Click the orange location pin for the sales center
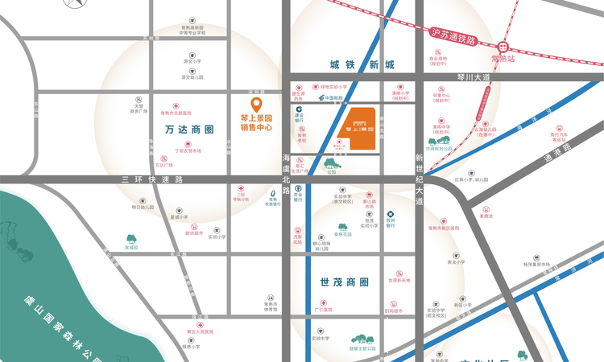click(x=256, y=105)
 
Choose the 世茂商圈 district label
click(x=344, y=282)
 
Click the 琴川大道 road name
click(x=473, y=77)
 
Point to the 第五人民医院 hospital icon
click(x=189, y=323)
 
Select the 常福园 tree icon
click(x=130, y=239)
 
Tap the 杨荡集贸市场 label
click(x=536, y=264)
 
